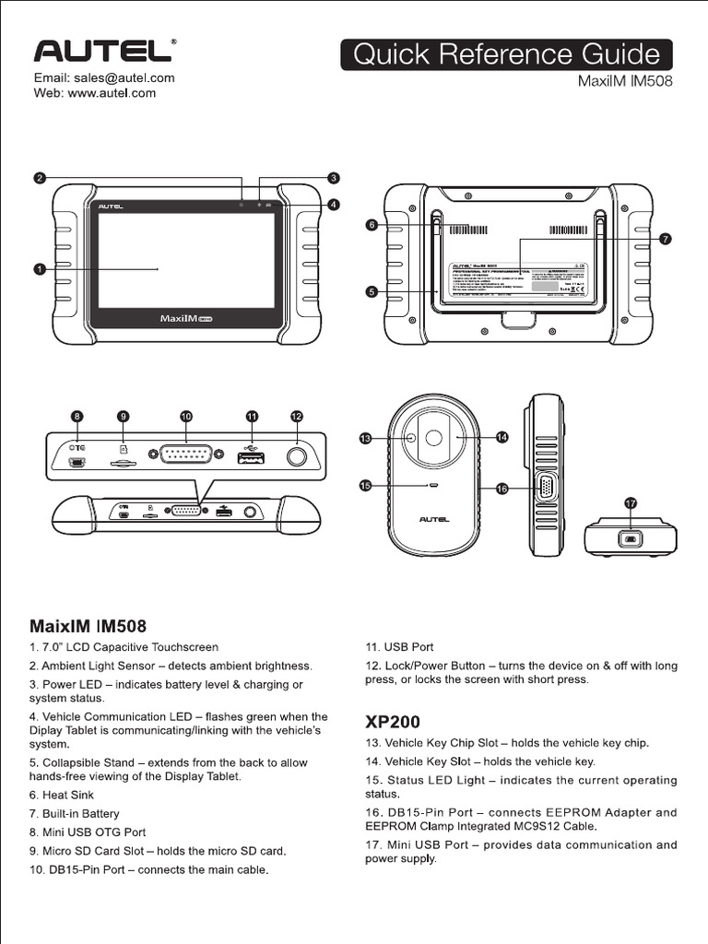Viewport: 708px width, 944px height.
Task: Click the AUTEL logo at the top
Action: [x=100, y=51]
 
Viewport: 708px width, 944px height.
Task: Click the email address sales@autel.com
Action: [x=104, y=78]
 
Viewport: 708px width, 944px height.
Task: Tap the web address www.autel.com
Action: [x=95, y=93]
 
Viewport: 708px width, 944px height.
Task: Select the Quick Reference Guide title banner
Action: [x=506, y=54]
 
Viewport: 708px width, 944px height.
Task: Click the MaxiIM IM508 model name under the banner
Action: [x=625, y=81]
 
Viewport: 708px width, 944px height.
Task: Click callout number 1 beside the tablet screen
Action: [x=40, y=269]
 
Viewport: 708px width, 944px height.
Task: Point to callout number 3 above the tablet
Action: [x=334, y=177]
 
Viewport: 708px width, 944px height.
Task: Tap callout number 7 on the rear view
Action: [x=666, y=239]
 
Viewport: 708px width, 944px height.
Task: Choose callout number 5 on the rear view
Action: [x=372, y=291]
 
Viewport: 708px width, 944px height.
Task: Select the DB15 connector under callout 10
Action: [x=186, y=454]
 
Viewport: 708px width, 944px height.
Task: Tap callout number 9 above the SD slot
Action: [x=124, y=417]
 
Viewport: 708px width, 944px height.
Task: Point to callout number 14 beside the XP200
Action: [x=501, y=437]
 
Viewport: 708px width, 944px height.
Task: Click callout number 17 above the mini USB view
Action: [x=631, y=503]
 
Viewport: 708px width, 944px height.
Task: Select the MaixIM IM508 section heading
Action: [x=88, y=627]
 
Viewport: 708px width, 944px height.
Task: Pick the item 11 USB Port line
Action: [x=399, y=647]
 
